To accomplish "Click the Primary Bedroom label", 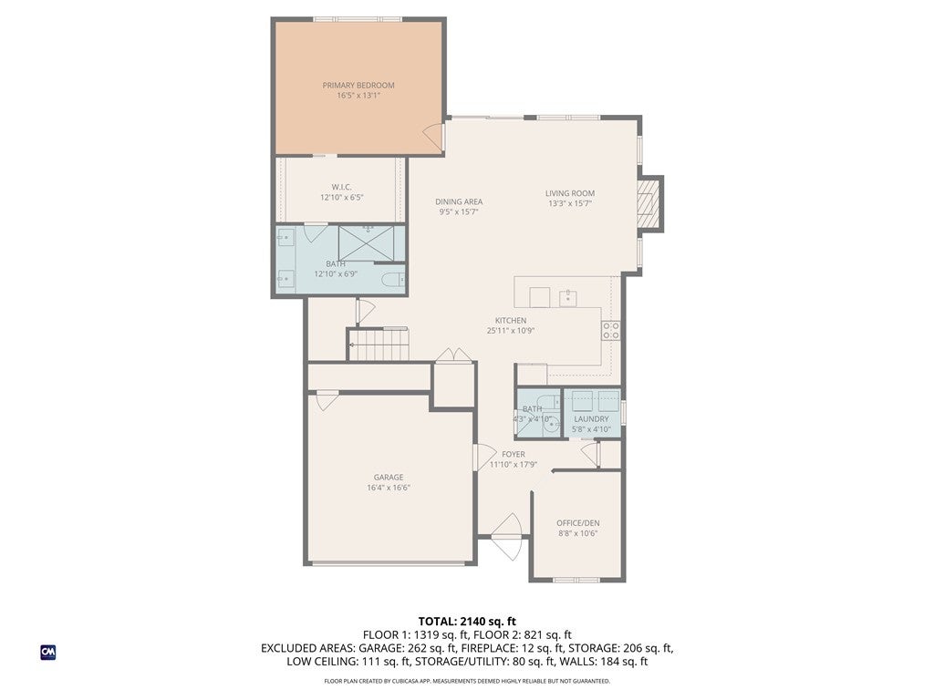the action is coord(358,85).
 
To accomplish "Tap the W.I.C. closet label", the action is coord(341,187).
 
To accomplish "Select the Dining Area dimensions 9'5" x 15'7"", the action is coord(459,211).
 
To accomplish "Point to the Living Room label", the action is coord(570,193).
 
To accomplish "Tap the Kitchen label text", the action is coord(511,320).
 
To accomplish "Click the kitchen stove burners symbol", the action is coord(610,330).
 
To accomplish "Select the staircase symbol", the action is coord(379,345).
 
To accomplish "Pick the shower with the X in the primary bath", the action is coord(367,242).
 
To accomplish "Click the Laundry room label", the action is coord(591,419).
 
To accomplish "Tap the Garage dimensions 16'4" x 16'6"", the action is coord(389,488).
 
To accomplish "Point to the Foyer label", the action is coord(513,454).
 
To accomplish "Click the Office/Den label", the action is coord(577,523).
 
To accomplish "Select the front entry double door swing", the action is coord(507,537).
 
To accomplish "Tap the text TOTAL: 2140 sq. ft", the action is coord(467,622).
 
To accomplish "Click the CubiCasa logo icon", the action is coord(48,653).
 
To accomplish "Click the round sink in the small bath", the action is coord(552,426).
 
